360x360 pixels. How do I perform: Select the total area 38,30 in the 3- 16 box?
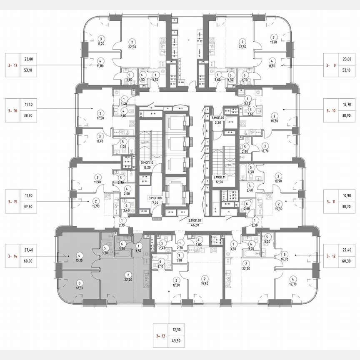click(x=29, y=117)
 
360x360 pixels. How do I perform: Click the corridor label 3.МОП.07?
click(x=195, y=220)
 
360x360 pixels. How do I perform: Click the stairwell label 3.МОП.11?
click(x=219, y=177)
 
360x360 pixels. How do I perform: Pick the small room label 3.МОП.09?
click(x=218, y=118)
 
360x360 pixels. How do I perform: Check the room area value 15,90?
click(x=95, y=206)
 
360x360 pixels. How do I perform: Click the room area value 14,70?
click(x=285, y=259)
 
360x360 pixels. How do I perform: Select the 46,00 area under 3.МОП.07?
click(x=195, y=225)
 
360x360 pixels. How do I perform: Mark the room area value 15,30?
click(x=278, y=209)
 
